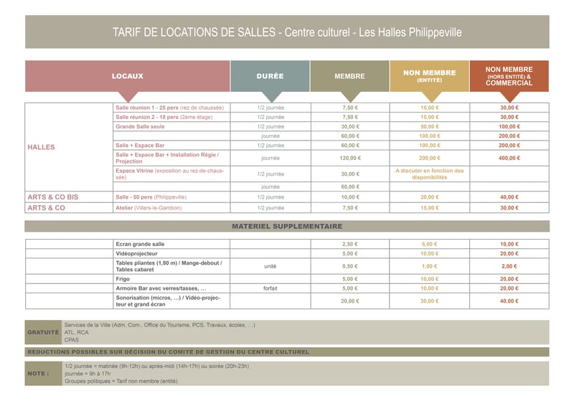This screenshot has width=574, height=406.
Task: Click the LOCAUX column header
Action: (128, 76)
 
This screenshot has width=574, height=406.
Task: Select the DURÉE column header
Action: (270, 76)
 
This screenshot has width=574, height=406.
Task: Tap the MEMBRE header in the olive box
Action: (349, 76)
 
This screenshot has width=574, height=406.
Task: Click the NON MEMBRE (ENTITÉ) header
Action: (429, 75)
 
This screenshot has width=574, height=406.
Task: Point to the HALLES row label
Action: (41, 147)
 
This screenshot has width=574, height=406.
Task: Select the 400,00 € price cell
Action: (509, 158)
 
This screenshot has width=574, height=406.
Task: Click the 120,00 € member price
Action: (349, 158)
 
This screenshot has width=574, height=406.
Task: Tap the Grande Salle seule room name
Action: (140, 126)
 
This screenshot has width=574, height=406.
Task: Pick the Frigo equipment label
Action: (123, 278)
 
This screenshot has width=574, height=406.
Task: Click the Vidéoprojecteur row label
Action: (136, 253)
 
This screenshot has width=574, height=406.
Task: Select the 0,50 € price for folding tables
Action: (349, 266)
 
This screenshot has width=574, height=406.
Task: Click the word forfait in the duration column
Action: (270, 288)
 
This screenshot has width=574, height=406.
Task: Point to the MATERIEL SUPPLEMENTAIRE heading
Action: (287, 226)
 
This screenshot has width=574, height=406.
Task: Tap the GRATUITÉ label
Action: (42, 333)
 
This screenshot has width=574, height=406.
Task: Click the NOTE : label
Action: (39, 374)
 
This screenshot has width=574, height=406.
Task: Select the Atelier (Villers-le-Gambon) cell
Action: (149, 207)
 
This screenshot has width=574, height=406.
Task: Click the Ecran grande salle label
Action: (140, 244)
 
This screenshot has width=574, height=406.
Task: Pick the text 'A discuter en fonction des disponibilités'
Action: (429, 174)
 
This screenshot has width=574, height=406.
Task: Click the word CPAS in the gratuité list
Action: (72, 340)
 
